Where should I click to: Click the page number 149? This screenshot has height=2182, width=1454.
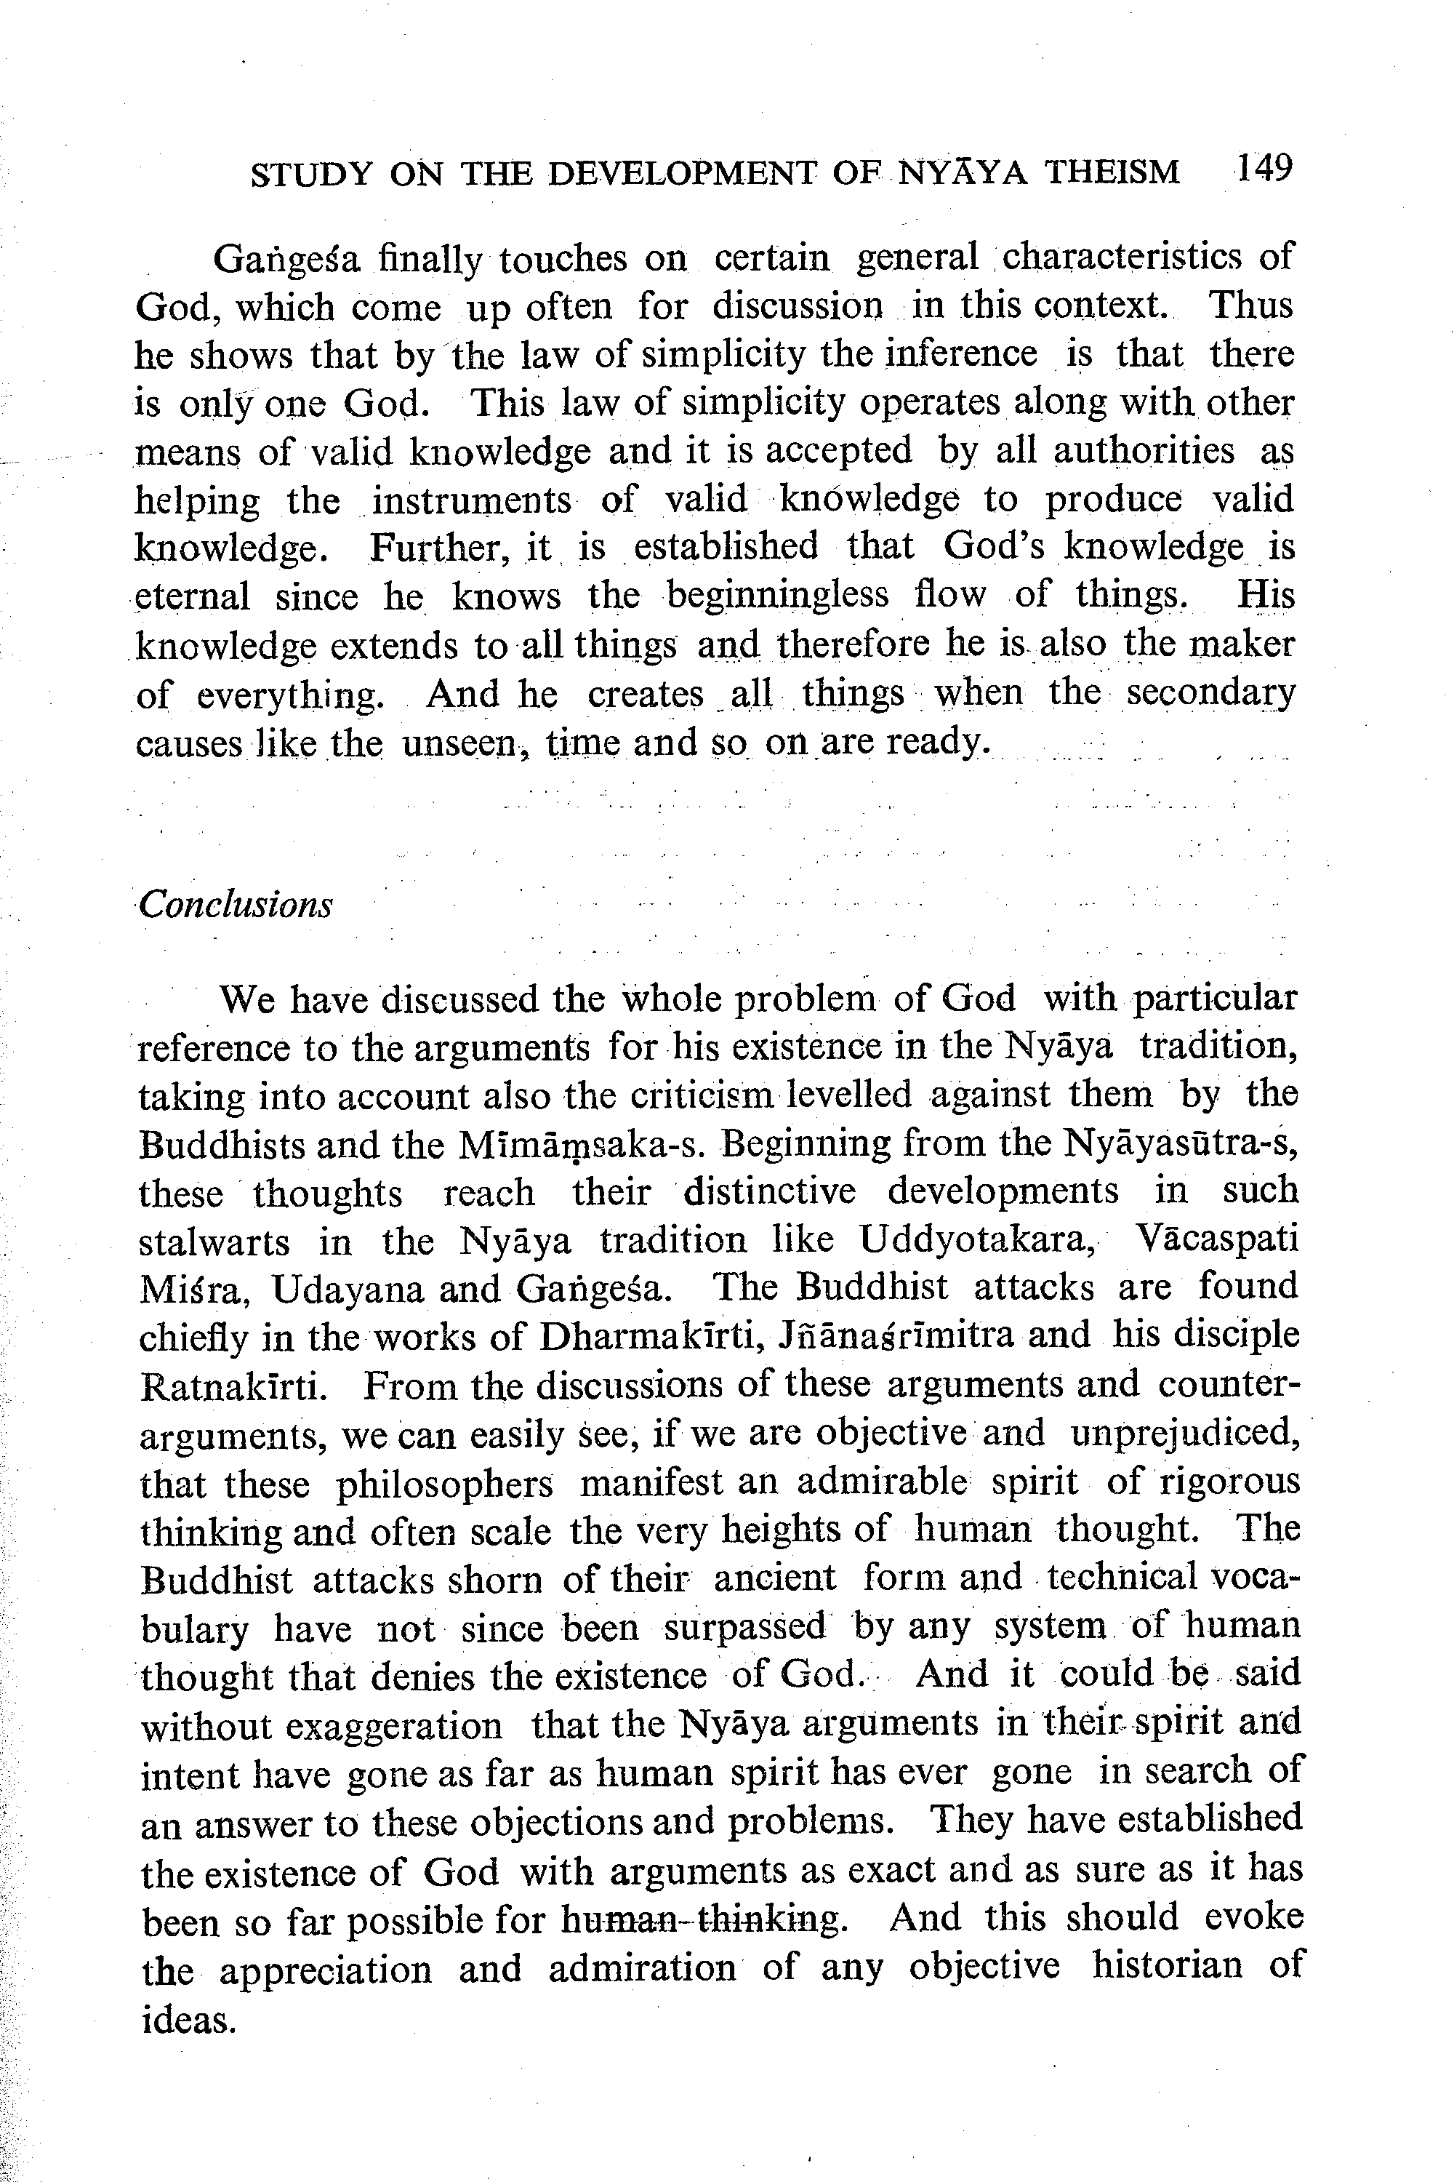tap(1263, 169)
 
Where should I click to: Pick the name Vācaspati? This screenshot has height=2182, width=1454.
tap(1216, 1239)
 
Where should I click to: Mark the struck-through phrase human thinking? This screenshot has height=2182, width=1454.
tap(703, 1919)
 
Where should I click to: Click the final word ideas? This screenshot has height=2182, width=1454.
tap(186, 2018)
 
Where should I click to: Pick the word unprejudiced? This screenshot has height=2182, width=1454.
tap(1184, 1434)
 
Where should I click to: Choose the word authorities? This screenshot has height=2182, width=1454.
tap(1144, 451)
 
